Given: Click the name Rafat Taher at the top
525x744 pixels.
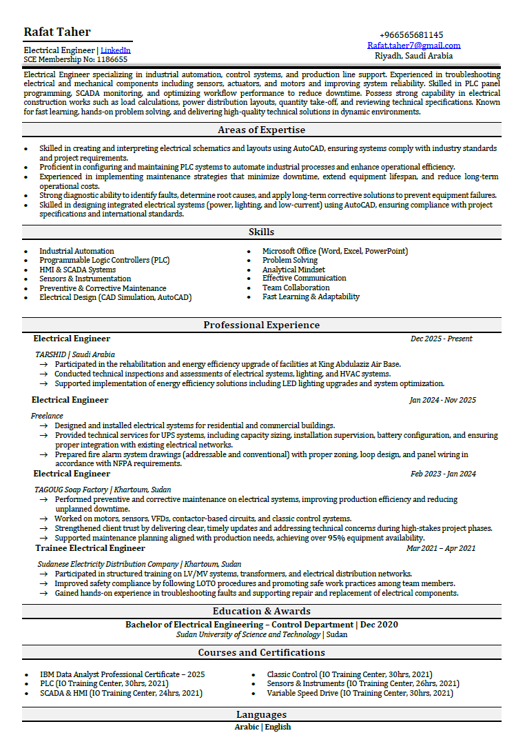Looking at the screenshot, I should pos(57,32).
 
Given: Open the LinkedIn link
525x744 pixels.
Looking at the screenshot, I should pos(115,50).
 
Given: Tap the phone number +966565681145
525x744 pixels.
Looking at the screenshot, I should pos(411,35).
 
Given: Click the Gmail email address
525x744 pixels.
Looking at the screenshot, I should pos(413,46).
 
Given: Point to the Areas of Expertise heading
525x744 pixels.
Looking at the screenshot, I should pos(261,130).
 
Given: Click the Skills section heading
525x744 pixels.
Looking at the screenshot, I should pos(261,232).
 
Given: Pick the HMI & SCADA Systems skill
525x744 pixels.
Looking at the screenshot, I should pos(77,270).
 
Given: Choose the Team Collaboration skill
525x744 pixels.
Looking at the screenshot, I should pos(296,288).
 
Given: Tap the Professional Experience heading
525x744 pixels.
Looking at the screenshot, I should pos(261,325).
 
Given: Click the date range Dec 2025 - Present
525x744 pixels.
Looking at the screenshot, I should pos(441,339).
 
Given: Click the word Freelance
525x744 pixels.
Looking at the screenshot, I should pos(47,416).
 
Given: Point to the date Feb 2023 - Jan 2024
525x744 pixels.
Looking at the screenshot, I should pos(443,474).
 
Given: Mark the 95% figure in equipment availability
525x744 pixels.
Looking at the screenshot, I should pos(336,538).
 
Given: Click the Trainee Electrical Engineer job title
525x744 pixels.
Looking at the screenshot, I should pos(90,548).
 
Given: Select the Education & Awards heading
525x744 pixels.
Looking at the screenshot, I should pos(261,611).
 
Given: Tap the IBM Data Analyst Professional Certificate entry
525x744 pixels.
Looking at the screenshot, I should pos(122,674).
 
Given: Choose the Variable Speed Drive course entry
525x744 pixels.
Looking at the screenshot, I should pos(360,693).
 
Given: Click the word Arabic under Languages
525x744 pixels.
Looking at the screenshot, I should pos(246,727).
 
